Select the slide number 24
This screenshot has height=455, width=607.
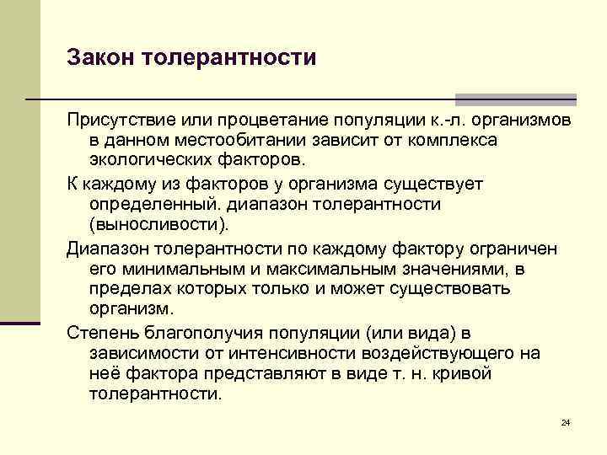(566, 421)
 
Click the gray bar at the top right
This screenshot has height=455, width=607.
(516, 99)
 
